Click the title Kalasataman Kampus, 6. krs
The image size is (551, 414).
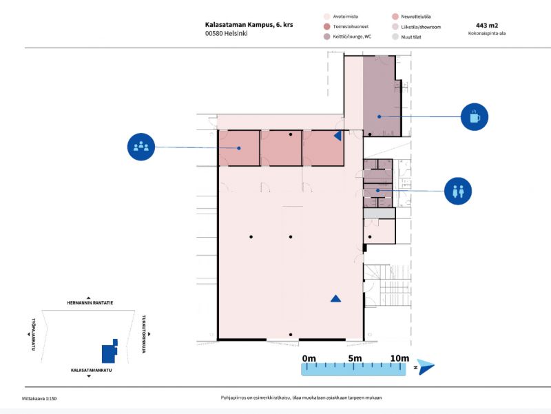(x=249, y=23)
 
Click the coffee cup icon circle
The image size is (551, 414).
(x=474, y=116)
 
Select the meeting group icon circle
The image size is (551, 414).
(x=141, y=146)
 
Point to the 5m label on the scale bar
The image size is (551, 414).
(x=355, y=358)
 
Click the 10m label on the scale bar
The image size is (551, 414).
(x=399, y=358)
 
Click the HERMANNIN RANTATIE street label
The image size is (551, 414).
(x=90, y=303)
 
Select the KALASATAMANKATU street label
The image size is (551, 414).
(x=91, y=371)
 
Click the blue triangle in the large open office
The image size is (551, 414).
(x=335, y=298)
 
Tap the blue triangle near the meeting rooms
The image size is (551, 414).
(x=337, y=136)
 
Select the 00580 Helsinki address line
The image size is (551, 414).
(x=226, y=33)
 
